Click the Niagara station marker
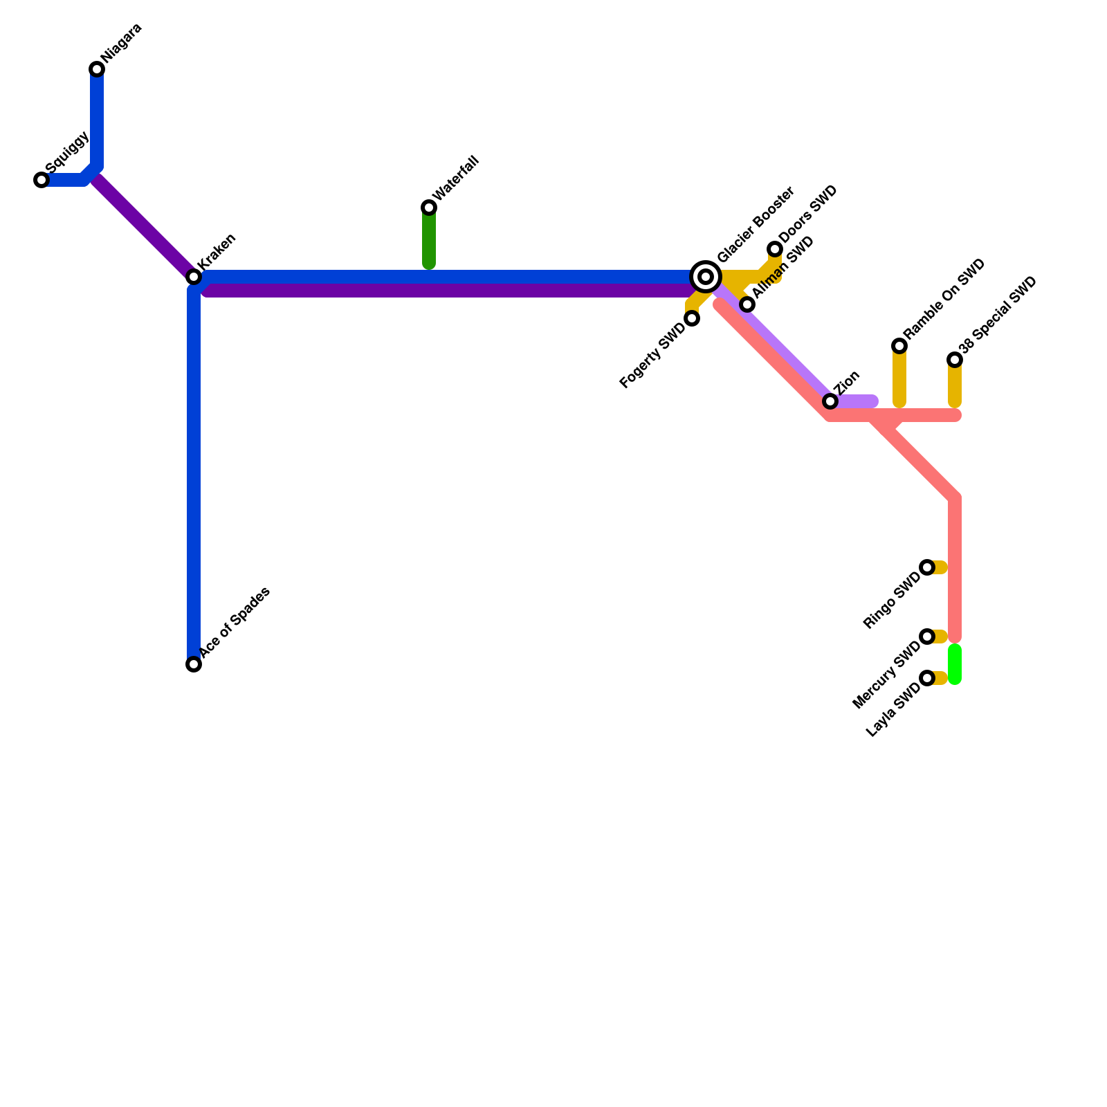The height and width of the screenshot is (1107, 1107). [97, 69]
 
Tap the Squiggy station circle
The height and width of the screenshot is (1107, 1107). [42, 180]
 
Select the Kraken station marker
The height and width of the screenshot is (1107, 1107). [194, 277]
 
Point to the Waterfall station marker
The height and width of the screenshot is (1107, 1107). [429, 208]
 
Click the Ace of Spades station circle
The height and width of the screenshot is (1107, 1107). [194, 664]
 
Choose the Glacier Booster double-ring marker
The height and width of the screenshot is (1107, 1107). [706, 277]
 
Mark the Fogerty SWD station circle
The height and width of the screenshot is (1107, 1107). [692, 318]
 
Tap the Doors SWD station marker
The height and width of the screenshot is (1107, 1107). [775, 249]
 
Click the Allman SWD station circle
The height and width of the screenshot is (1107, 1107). [747, 304]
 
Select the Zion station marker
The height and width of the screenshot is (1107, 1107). [830, 401]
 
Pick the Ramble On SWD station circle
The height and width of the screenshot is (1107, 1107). [899, 346]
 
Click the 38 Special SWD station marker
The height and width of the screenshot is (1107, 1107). [955, 360]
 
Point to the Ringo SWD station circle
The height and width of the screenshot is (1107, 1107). [927, 567]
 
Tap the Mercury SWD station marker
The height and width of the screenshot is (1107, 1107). [927, 637]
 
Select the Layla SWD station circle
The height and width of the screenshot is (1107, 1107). [927, 678]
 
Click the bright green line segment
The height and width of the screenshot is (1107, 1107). [955, 664]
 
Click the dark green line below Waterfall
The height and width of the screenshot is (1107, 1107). [429, 239]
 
